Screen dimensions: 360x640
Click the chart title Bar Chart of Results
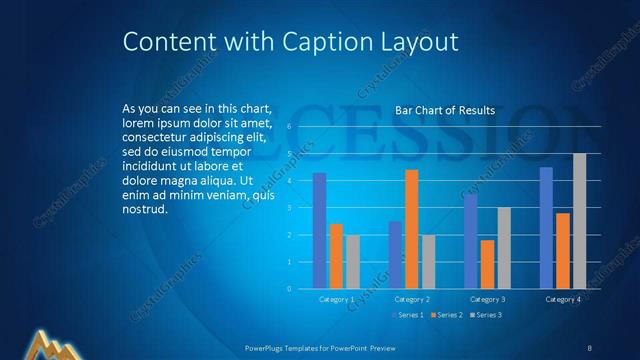tap(445, 110)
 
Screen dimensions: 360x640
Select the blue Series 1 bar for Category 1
tap(319, 230)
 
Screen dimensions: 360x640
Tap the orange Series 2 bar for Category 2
tap(411, 229)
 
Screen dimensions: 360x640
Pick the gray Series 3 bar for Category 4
tap(579, 221)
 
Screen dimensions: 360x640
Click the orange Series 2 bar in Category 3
tap(487, 264)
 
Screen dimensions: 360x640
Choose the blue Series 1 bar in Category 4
tap(546, 228)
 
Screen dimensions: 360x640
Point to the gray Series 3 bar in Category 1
tap(353, 262)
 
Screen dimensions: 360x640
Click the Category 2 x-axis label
tap(412, 299)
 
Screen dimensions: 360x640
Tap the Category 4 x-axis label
tap(562, 299)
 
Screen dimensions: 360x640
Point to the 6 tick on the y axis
tap(288, 127)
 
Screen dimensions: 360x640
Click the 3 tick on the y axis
tap(288, 208)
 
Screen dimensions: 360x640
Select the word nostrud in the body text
tap(145, 210)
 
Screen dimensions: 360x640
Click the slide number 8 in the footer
tap(590, 347)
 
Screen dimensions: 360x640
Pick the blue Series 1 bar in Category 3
tap(470, 241)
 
